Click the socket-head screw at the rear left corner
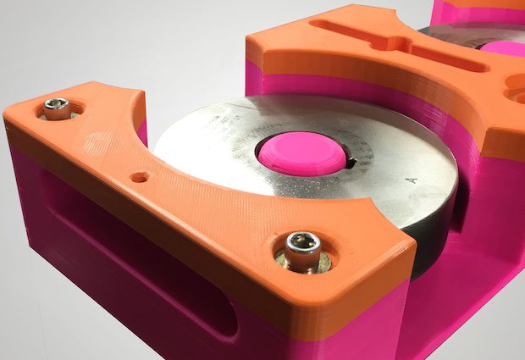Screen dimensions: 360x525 [x=56, y=108]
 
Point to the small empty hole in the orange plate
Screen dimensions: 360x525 [x=140, y=178]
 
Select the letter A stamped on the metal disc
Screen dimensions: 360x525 [x=412, y=180]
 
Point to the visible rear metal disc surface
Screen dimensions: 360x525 [x=457, y=34]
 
